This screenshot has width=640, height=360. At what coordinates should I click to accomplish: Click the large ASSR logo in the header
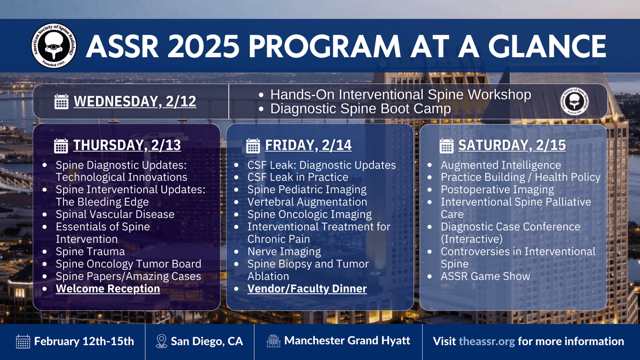tap(54, 46)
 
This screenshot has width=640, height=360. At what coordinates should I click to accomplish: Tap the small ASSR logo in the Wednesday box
tap(574, 102)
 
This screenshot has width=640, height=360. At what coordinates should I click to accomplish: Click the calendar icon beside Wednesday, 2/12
tap(61, 102)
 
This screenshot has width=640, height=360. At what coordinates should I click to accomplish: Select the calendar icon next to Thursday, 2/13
tap(61, 146)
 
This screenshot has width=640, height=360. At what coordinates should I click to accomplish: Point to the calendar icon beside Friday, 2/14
tap(253, 146)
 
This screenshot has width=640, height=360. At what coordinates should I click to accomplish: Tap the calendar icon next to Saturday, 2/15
tap(447, 146)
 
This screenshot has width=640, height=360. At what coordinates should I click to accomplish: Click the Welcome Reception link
tap(108, 289)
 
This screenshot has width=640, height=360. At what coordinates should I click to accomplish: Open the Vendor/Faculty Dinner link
tap(307, 289)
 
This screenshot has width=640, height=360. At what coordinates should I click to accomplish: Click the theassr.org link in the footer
tap(487, 341)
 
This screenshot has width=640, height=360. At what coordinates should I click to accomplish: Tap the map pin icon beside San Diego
tap(161, 341)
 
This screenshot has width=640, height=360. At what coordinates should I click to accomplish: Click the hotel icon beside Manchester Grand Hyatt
tap(273, 341)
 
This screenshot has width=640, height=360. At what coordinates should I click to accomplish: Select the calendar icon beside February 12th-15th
tap(23, 341)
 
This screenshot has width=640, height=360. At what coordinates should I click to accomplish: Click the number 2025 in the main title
tap(203, 46)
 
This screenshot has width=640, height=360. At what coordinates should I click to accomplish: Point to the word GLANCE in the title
tap(547, 46)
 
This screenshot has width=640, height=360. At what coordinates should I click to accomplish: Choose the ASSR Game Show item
tap(486, 276)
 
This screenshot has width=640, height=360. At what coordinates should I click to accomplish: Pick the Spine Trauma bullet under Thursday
tap(90, 251)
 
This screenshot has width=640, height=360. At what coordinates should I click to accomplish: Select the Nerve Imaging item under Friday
tap(284, 251)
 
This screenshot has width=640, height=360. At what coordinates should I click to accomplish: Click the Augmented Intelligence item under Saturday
tap(501, 165)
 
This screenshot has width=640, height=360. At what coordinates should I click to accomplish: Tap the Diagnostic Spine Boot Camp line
tap(361, 109)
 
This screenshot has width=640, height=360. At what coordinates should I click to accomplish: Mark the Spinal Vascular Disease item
tap(115, 214)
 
